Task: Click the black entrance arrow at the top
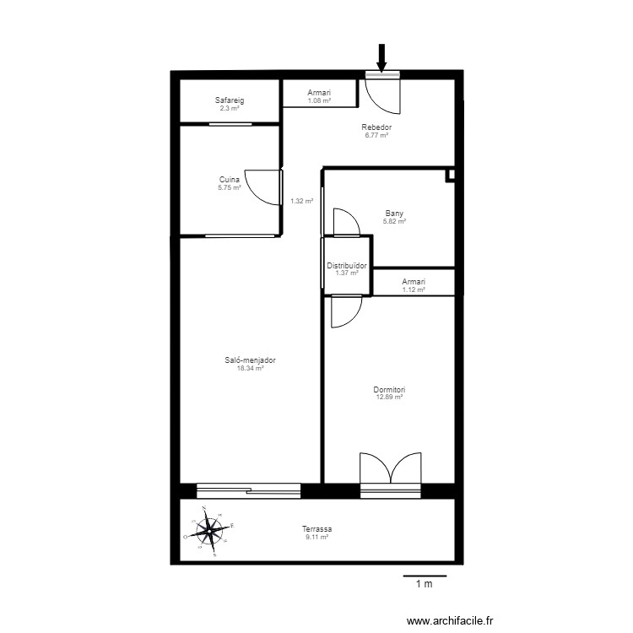381,58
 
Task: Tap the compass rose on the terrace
209,532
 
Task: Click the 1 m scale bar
424,577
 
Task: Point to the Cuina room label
230,179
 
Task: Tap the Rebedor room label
376,127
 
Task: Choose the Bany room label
395,214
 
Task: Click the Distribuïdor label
347,266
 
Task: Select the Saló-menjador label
250,360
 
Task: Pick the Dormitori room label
390,390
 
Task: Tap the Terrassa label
316,529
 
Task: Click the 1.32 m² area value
301,201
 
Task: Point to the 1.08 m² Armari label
319,94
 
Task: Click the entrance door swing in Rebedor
384,95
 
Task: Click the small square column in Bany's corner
451,175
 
